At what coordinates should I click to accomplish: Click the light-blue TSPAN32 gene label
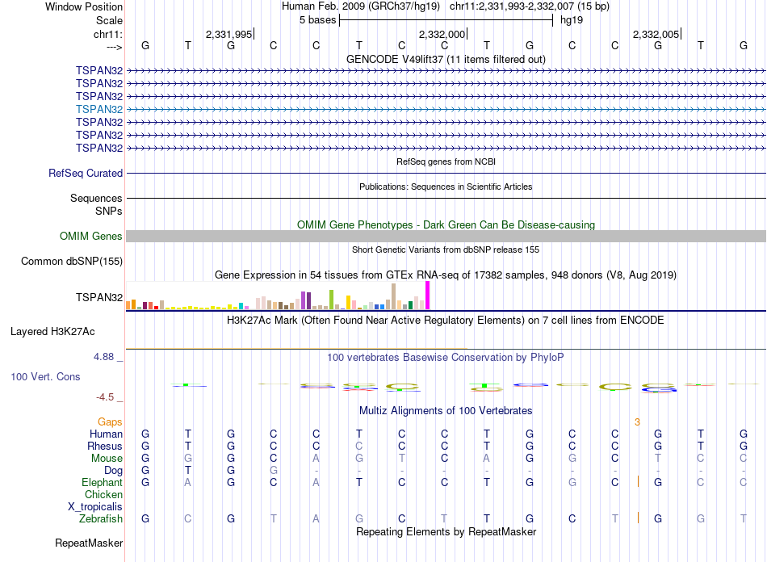click(x=99, y=109)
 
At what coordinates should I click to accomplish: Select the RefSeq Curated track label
click(x=86, y=173)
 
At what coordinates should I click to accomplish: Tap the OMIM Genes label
click(x=91, y=237)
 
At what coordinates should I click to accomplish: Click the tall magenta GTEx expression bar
click(x=428, y=295)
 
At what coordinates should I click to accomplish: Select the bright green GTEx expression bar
click(x=332, y=299)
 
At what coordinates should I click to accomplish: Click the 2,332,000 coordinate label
click(x=442, y=34)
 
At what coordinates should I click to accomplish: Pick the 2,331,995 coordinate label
click(x=228, y=34)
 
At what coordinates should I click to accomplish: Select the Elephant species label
click(x=102, y=482)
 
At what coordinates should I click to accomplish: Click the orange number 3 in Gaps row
click(x=637, y=421)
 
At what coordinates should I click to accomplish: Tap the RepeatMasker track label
click(x=89, y=543)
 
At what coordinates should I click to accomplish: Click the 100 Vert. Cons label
click(x=45, y=376)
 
